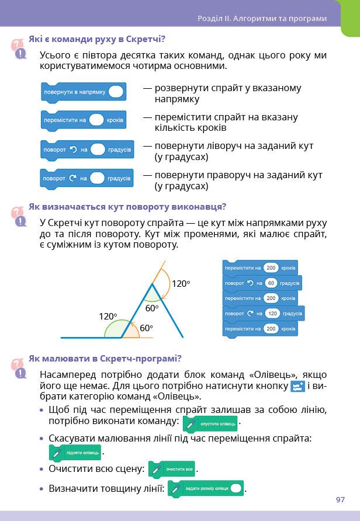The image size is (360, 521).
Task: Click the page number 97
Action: (x=341, y=500)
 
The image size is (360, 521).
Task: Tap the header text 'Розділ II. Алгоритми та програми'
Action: (x=262, y=18)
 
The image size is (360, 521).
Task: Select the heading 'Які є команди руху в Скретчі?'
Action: (x=97, y=40)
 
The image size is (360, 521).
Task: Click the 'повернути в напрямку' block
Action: (x=83, y=92)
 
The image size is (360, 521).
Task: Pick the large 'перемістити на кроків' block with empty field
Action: (x=83, y=120)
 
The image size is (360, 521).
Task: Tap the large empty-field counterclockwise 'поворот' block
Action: (x=87, y=150)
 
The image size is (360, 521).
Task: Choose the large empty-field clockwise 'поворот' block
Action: (x=87, y=178)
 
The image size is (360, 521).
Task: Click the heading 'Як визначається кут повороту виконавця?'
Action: (x=127, y=206)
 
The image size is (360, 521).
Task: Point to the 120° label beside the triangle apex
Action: (x=181, y=284)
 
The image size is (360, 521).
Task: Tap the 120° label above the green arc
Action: (x=108, y=317)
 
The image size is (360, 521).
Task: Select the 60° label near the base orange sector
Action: (x=146, y=328)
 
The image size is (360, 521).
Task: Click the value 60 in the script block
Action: (x=270, y=283)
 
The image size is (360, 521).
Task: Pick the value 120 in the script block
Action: (x=273, y=314)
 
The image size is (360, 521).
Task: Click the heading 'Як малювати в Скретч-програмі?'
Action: (x=105, y=358)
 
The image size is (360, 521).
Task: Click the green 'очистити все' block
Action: (x=172, y=469)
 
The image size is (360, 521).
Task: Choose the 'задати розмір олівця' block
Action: (x=205, y=488)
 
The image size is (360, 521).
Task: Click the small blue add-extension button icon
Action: (x=298, y=386)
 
